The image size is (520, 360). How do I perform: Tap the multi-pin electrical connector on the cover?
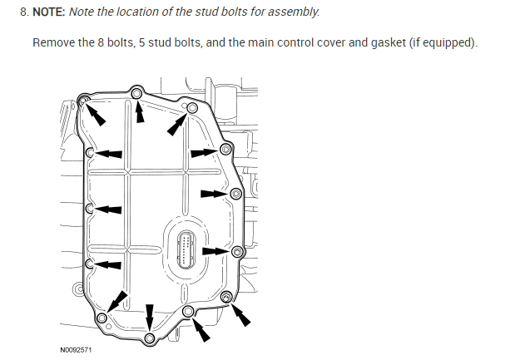tap(186, 249)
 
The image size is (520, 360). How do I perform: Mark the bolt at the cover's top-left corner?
tap(83, 101)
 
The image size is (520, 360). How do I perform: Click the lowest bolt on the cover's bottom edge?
tap(150, 338)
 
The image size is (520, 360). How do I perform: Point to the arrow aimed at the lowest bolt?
tap(150, 317)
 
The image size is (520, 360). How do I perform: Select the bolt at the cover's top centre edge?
tap(138, 91)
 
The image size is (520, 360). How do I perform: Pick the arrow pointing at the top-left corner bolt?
tap(97, 114)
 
